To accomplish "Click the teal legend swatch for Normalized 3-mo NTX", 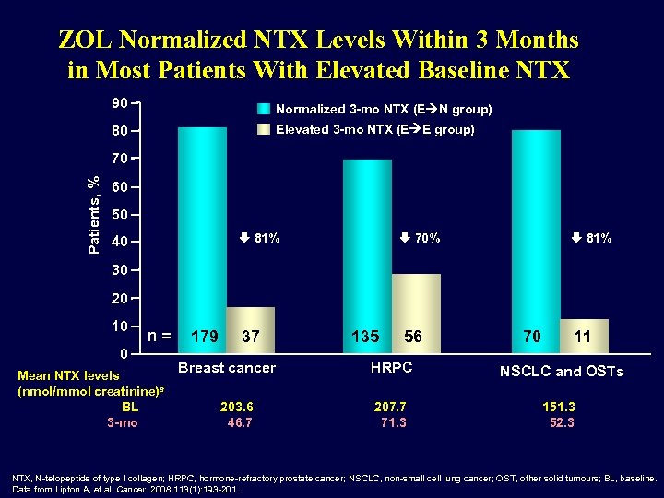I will tap(264, 109).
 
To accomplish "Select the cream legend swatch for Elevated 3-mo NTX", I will tap(264, 130).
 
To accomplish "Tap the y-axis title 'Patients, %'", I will tap(92, 214).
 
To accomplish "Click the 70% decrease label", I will tap(421, 239).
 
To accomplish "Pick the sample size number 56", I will tap(412, 338).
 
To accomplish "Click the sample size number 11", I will tap(583, 338).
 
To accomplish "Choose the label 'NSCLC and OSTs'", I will tap(561, 372).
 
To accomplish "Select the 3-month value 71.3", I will tap(393, 422).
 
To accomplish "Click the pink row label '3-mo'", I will tap(123, 422).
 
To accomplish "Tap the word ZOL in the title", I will tap(86, 41).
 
